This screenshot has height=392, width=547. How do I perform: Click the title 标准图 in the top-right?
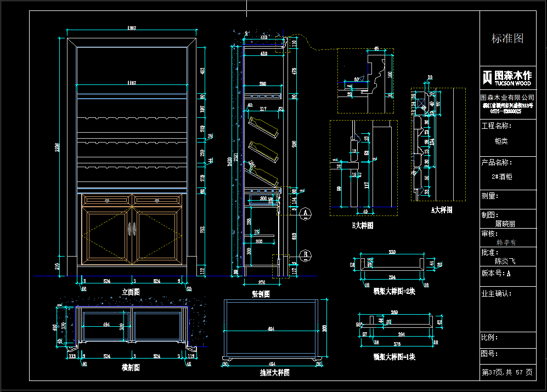[507, 38]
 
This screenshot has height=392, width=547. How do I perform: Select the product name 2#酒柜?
[502, 177]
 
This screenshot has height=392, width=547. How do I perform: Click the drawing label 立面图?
[131, 292]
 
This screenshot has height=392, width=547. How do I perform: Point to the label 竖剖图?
[261, 294]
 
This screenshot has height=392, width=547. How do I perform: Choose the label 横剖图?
[131, 368]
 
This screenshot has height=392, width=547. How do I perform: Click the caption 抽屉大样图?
[274, 372]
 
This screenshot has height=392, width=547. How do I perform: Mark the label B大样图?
[363, 225]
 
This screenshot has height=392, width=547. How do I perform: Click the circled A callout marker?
[307, 212]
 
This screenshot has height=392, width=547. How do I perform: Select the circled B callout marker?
[307, 254]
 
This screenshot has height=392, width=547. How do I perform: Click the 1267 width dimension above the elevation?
[131, 27]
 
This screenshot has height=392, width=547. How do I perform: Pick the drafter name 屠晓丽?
[505, 224]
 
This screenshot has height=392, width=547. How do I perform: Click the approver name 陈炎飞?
[505, 262]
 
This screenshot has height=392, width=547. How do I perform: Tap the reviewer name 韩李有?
[506, 242]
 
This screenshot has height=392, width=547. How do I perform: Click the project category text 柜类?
[501, 140]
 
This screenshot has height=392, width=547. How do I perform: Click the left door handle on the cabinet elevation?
[129, 229]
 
